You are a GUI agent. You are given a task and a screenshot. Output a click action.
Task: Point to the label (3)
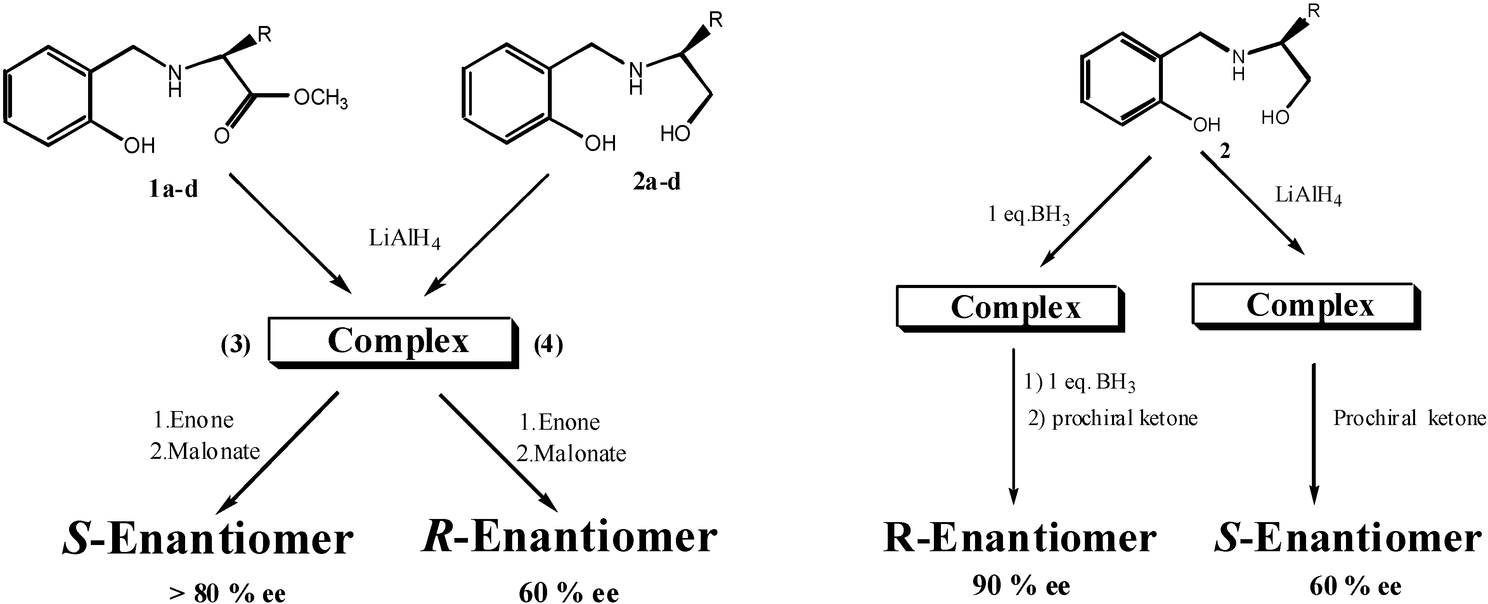(236, 345)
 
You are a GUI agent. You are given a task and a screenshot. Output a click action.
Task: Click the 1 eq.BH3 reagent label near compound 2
(1028, 215)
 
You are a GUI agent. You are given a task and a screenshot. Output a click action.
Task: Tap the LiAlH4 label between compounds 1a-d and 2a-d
(404, 239)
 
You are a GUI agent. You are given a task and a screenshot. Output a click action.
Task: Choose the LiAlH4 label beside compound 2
(1308, 196)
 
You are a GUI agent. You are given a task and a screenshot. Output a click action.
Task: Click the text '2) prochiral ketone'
(1112, 418)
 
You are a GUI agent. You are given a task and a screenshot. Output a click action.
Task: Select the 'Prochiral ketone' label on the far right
(1408, 418)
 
